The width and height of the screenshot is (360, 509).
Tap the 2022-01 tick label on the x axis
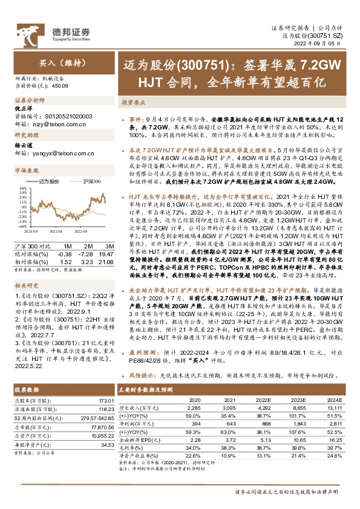(x=56, y=230)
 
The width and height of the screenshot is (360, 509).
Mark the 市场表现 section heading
(x=27, y=172)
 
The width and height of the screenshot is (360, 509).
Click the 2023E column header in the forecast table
(x=298, y=400)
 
